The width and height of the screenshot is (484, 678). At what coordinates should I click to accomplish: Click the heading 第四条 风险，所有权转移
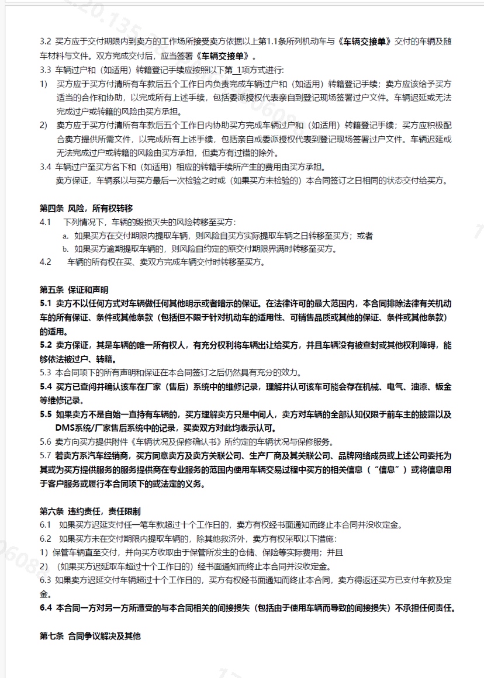tap(87, 208)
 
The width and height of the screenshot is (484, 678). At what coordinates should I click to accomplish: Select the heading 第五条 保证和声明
tap(74, 290)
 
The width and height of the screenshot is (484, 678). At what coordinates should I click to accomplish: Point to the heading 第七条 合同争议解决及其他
tap(90, 636)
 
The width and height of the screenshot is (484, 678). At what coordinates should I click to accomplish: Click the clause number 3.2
tap(46, 42)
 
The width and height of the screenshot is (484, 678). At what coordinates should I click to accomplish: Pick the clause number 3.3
tap(46, 70)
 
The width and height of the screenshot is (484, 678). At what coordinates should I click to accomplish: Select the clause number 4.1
tap(46, 222)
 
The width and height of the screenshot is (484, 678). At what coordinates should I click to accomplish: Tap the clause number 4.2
tap(46, 262)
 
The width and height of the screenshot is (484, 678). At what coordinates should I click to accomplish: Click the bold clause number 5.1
tap(46, 304)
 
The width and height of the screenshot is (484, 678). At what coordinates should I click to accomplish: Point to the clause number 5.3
tap(46, 372)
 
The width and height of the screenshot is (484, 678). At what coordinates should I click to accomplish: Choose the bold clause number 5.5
tap(46, 414)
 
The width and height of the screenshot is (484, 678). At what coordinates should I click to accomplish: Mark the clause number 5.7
tap(46, 455)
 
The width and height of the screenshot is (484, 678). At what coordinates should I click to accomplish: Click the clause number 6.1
tap(46, 524)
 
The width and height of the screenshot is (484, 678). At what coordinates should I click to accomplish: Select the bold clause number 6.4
tap(46, 608)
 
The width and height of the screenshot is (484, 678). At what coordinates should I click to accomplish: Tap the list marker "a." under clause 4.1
tap(66, 236)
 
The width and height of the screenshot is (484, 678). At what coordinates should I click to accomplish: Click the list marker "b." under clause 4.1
tap(66, 249)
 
